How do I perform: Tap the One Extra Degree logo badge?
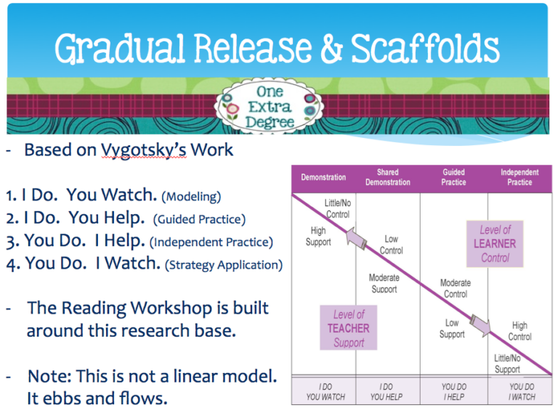[268, 106]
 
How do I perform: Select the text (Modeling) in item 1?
[190, 196]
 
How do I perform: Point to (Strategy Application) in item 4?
[225, 265]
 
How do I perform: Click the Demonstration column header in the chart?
[323, 177]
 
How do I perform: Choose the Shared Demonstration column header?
[387, 177]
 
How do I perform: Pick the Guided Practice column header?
[454, 177]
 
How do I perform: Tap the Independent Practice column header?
[519, 177]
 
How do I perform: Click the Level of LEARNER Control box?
[496, 243]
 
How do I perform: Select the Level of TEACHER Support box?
[349, 328]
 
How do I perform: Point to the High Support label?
[318, 236]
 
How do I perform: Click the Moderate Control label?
[456, 288]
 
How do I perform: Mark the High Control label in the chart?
[519, 331]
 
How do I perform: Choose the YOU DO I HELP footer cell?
[454, 392]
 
